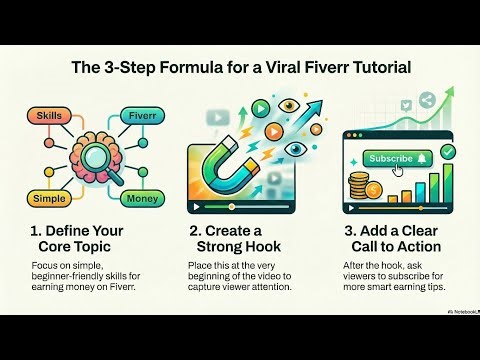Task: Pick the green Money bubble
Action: tap(139, 199)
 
